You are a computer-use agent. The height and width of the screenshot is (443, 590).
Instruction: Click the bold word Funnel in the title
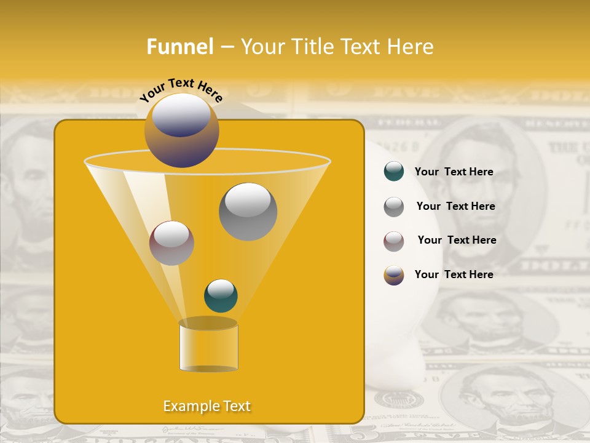tap(179, 47)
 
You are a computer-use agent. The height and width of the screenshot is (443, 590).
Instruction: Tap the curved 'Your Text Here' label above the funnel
tap(181, 90)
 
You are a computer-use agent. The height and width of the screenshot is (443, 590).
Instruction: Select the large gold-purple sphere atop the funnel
tap(181, 130)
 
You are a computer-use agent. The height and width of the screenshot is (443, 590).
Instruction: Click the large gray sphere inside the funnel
tap(248, 212)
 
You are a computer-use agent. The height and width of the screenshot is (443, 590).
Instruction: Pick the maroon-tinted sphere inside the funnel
tap(171, 243)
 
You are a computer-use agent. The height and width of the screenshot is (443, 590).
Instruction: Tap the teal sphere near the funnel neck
tap(221, 296)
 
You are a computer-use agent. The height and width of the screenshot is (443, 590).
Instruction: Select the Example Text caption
tap(206, 406)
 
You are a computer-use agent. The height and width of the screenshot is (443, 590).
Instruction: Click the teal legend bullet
tap(393, 172)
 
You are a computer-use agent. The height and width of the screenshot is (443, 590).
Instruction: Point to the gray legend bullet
tap(393, 207)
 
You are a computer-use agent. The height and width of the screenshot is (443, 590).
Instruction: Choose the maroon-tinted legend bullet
tap(393, 241)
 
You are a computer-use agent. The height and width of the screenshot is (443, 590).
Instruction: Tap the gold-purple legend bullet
tap(393, 275)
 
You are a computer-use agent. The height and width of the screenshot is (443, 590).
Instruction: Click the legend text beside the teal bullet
tap(454, 172)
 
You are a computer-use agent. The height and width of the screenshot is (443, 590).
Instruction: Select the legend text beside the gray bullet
tap(455, 207)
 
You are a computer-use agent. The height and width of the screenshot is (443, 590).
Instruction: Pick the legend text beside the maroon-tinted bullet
tap(457, 241)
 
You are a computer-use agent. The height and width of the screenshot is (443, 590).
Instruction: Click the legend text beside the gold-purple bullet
tap(454, 274)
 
